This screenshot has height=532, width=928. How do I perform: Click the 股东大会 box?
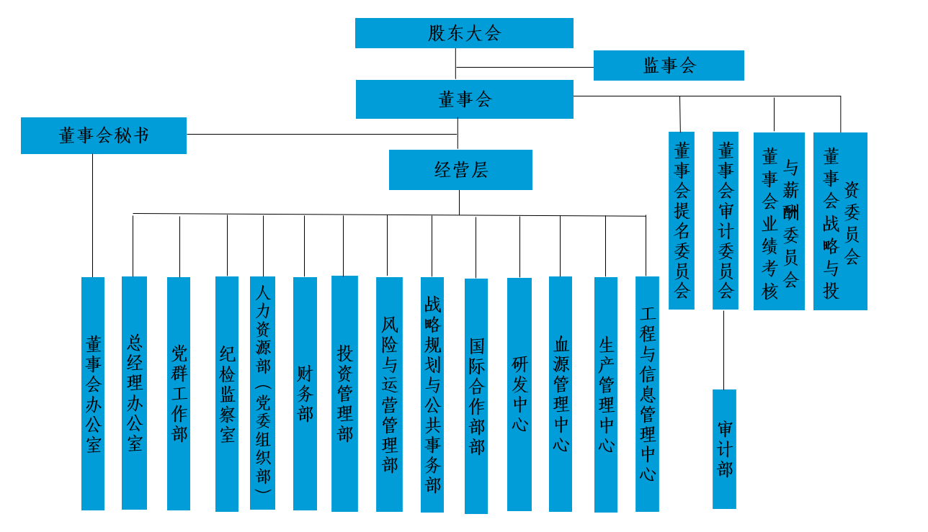464,33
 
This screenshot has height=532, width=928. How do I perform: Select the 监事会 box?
669,66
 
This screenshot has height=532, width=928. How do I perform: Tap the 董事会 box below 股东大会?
464,99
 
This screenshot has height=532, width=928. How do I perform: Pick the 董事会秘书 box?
104,135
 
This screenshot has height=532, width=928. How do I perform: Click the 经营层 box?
460,170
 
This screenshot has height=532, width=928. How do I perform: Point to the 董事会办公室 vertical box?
93,393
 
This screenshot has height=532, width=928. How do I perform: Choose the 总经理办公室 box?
134,392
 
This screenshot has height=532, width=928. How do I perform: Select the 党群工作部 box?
179,393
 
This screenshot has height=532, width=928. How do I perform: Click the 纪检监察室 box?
227,393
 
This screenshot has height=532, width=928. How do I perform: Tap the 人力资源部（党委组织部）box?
263,392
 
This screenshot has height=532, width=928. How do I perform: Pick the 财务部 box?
305,393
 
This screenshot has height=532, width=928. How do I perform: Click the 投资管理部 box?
344,393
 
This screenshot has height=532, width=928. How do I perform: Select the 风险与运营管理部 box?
389,394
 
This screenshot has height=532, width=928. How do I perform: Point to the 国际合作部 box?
476,396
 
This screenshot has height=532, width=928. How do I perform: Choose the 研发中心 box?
519,394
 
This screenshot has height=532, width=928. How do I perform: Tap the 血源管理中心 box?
561,394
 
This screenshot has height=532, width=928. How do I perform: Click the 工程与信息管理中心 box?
647,394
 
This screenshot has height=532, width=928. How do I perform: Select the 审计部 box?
724,448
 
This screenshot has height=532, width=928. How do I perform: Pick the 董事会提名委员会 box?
682,220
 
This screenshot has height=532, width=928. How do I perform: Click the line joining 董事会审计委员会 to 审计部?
724,349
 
